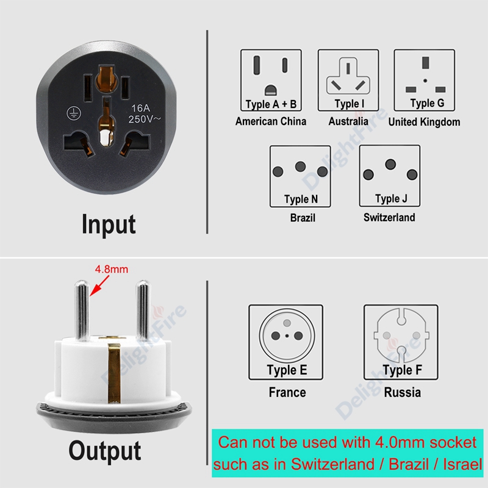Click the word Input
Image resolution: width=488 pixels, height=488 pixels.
tap(109, 224)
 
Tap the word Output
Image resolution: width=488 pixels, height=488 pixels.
tap(105, 451)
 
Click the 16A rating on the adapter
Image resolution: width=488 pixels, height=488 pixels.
tap(141, 108)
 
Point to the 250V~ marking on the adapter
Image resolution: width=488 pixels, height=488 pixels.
tap(145, 119)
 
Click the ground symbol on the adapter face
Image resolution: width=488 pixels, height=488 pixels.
tap(74, 113)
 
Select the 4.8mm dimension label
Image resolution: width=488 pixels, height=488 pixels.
tap(112, 269)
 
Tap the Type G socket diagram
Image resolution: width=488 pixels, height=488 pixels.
tap(424, 80)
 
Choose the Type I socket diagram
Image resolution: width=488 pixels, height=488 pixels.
tap(348, 80)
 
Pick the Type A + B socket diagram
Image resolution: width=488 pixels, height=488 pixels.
tap(271, 80)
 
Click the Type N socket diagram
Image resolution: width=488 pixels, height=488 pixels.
tap(300, 176)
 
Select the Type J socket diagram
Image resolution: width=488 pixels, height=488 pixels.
tap(390, 176)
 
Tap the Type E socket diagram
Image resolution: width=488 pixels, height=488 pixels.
tap(285, 342)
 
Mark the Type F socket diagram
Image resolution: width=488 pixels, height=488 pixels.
tap(401, 342)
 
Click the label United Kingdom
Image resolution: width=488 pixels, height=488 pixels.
tap(424, 122)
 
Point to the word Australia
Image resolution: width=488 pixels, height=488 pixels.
tap(348, 121)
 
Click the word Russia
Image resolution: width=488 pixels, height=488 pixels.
tap(403, 392)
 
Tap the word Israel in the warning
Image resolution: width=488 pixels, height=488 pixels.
tap(463, 464)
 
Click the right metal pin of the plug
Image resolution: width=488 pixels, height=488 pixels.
tap(143, 310)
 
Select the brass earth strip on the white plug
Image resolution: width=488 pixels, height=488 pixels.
tap(114, 373)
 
